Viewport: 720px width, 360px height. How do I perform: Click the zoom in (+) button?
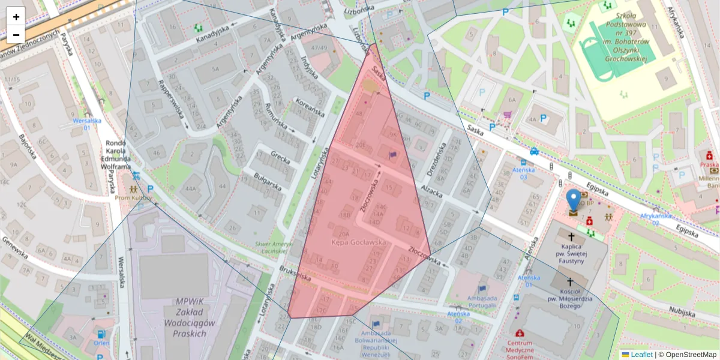coord(16,16)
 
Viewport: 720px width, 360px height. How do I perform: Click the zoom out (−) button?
coord(16,34)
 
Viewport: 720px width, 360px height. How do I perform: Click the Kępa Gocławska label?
coord(359,242)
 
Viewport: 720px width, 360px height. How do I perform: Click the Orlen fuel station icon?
coord(101,334)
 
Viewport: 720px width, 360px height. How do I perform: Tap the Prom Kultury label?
coord(132,197)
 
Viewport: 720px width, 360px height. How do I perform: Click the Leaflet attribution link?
coord(641,355)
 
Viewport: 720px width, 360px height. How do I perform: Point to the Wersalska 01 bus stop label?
coord(86,124)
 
